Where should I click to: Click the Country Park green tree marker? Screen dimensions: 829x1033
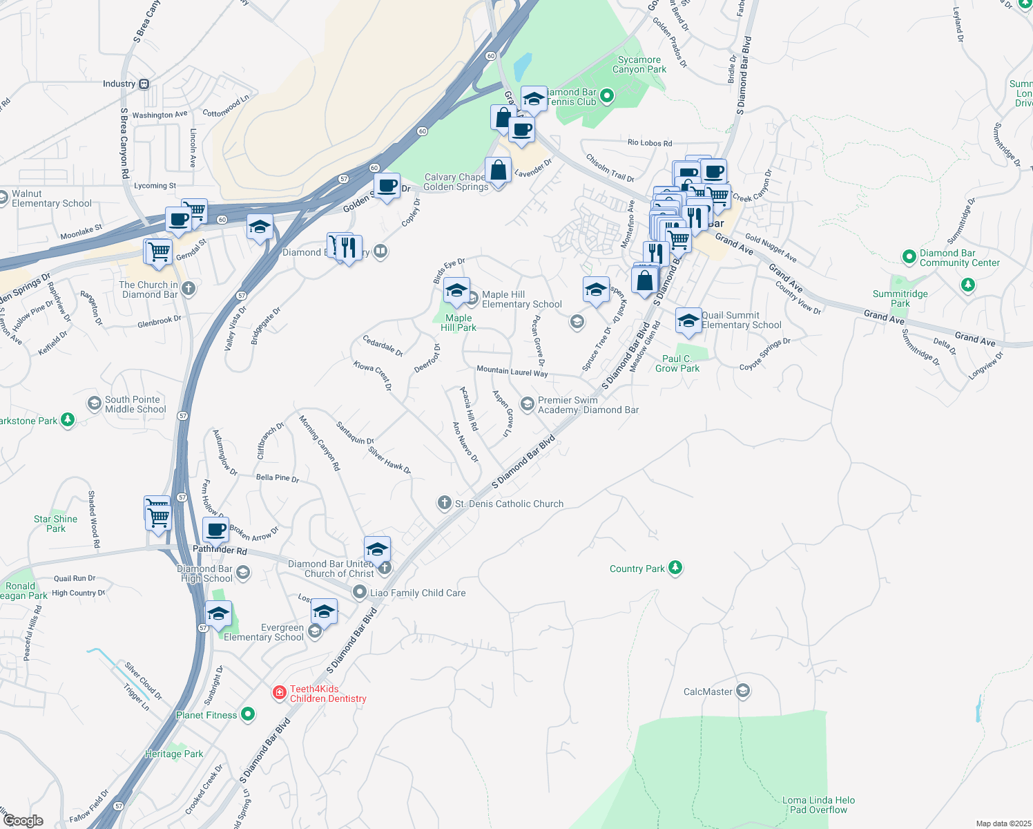tap(675, 568)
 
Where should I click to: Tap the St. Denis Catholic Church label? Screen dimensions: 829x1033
tap(509, 504)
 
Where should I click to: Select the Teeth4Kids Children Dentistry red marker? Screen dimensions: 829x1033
tap(279, 692)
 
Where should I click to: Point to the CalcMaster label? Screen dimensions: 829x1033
tap(708, 692)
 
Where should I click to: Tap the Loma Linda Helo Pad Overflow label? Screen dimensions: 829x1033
tap(818, 805)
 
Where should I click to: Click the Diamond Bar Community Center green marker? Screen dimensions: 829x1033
tap(909, 257)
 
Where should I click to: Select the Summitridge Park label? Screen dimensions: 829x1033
tap(900, 298)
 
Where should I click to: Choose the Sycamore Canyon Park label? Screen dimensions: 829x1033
tap(639, 65)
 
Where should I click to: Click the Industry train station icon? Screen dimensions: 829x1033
tap(144, 84)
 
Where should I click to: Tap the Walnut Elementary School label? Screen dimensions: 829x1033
tap(51, 199)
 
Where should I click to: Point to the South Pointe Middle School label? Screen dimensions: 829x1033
tap(135, 404)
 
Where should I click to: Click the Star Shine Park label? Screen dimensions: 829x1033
tap(56, 524)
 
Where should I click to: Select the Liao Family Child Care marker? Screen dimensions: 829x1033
tap(359, 592)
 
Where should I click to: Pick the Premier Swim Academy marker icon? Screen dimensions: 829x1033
tap(528, 404)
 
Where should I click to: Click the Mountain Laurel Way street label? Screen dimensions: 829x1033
tap(512, 372)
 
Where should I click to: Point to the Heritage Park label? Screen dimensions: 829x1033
tap(174, 754)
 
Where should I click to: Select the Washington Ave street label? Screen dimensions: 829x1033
tap(160, 115)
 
